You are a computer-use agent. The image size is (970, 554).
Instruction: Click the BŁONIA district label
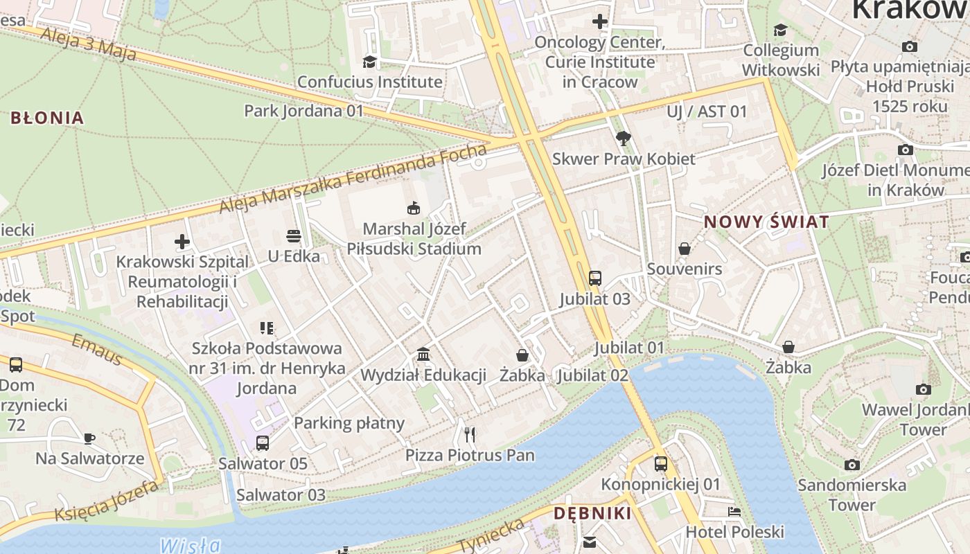pyautogui.click(x=47, y=118)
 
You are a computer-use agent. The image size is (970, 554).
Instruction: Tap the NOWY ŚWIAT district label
pyautogui.click(x=766, y=222)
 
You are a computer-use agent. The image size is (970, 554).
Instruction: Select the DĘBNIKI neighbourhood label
pyautogui.click(x=592, y=514)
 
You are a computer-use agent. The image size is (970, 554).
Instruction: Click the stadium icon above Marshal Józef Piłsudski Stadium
pyautogui.click(x=414, y=208)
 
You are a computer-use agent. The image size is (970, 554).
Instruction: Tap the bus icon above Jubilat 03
pyautogui.click(x=594, y=278)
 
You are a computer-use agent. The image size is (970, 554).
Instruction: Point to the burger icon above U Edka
pyautogui.click(x=293, y=235)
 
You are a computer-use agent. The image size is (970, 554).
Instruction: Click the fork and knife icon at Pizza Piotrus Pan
pyautogui.click(x=470, y=434)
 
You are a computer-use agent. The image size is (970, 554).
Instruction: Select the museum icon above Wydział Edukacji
pyautogui.click(x=423, y=355)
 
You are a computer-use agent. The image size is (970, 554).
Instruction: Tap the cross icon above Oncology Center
pyautogui.click(x=600, y=21)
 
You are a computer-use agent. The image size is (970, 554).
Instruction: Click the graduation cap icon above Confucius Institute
pyautogui.click(x=369, y=62)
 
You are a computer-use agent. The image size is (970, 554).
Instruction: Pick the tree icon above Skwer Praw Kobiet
pyautogui.click(x=623, y=138)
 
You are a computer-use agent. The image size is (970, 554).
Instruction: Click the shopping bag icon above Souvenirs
pyautogui.click(x=685, y=248)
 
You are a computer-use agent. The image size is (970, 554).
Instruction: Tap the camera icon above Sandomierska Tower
pyautogui.click(x=852, y=465)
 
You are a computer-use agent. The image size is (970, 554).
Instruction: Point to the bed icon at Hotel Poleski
pyautogui.click(x=734, y=512)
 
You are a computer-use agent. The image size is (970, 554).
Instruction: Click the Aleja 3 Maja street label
pyautogui.click(x=88, y=45)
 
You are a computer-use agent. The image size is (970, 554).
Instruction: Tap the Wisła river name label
pyautogui.click(x=190, y=545)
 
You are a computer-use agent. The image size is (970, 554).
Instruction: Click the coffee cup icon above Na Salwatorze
pyautogui.click(x=89, y=438)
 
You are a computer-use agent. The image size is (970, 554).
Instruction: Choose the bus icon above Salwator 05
pyautogui.click(x=262, y=443)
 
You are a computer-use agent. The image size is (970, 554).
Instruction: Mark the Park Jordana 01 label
pyautogui.click(x=303, y=111)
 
